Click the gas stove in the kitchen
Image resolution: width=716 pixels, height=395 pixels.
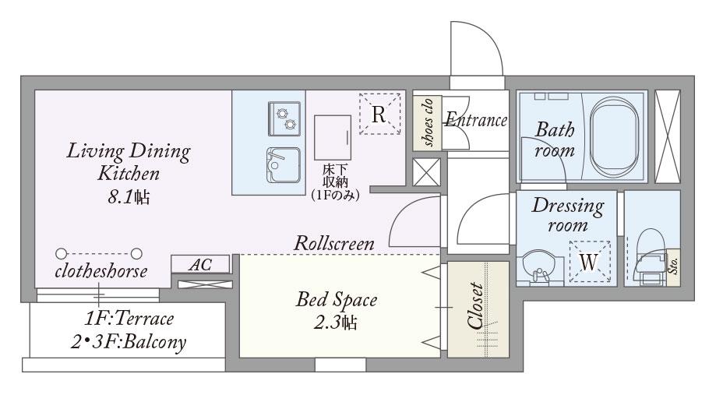pyautogui.click(x=284, y=118)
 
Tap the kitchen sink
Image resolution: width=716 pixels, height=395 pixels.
pyautogui.click(x=284, y=165)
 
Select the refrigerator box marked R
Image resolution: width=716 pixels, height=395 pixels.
pyautogui.click(x=379, y=114)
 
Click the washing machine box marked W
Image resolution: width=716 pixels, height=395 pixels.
pyautogui.click(x=590, y=262)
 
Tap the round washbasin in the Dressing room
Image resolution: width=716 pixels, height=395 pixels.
pyautogui.click(x=539, y=267)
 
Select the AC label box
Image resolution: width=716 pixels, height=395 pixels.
pyautogui.click(x=200, y=264)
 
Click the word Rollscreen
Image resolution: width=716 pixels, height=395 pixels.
pyautogui.click(x=333, y=243)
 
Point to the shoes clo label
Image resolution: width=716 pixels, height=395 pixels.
pyautogui.click(x=428, y=123)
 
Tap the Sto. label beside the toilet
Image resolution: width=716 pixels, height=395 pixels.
pyautogui.click(x=673, y=266)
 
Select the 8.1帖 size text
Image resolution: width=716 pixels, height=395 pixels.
pyautogui.click(x=129, y=197)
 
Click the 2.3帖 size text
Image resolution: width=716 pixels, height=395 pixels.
pyautogui.click(x=336, y=323)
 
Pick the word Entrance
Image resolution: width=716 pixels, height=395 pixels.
pyautogui.click(x=476, y=120)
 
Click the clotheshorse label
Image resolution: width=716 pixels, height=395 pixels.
pyautogui.click(x=101, y=271)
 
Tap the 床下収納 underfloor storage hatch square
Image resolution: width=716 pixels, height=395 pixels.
pyautogui.click(x=333, y=137)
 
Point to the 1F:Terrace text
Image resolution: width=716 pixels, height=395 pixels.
pyautogui.click(x=129, y=319)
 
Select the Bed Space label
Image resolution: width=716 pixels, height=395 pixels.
pyautogui.click(x=337, y=299)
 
